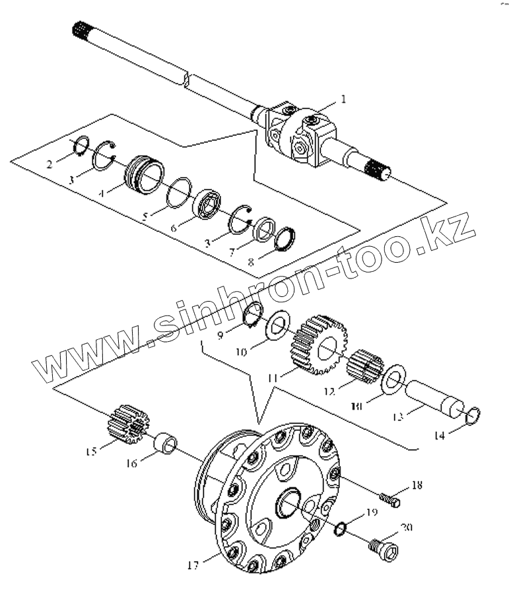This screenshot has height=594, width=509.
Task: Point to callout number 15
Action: pos(90,451)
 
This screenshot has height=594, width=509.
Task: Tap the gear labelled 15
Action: pos(124,424)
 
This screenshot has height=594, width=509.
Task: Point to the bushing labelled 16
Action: pos(165,444)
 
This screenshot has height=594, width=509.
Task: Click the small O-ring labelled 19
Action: pos(341,528)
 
